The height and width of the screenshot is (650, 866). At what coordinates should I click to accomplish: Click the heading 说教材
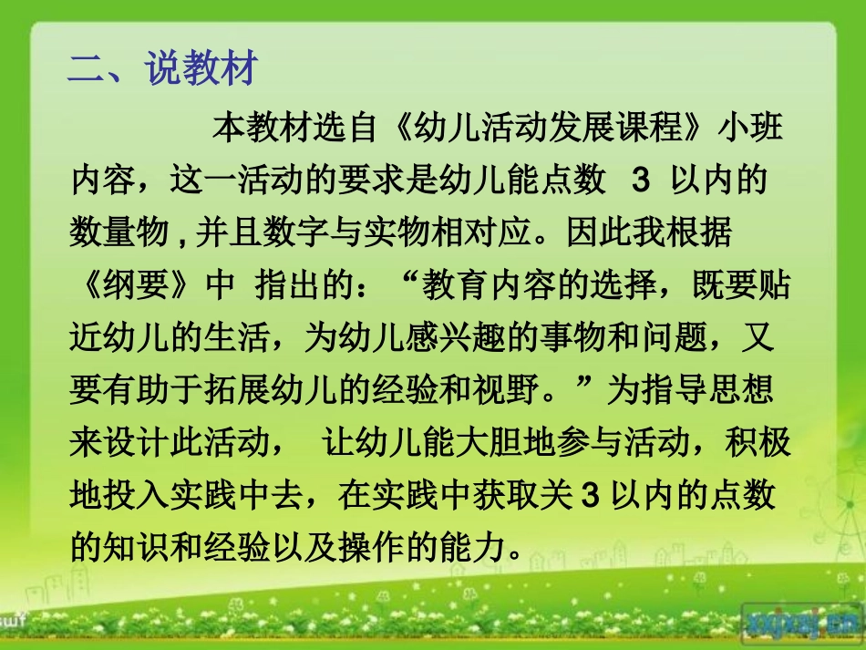(x=202, y=70)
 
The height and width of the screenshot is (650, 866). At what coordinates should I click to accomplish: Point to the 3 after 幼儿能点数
(x=640, y=181)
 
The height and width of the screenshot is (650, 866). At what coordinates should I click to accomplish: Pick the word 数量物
(x=119, y=233)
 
